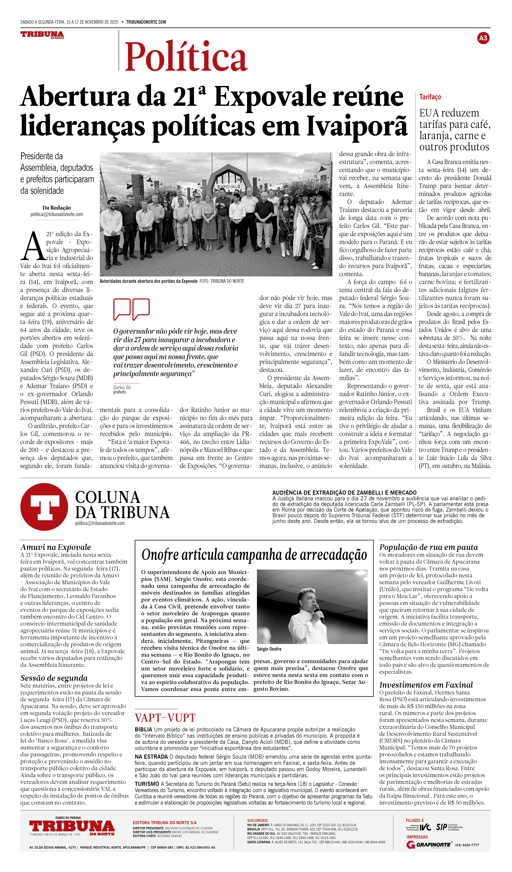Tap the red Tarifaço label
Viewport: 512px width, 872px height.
pos(430,97)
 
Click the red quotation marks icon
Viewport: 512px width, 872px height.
pos(132,309)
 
